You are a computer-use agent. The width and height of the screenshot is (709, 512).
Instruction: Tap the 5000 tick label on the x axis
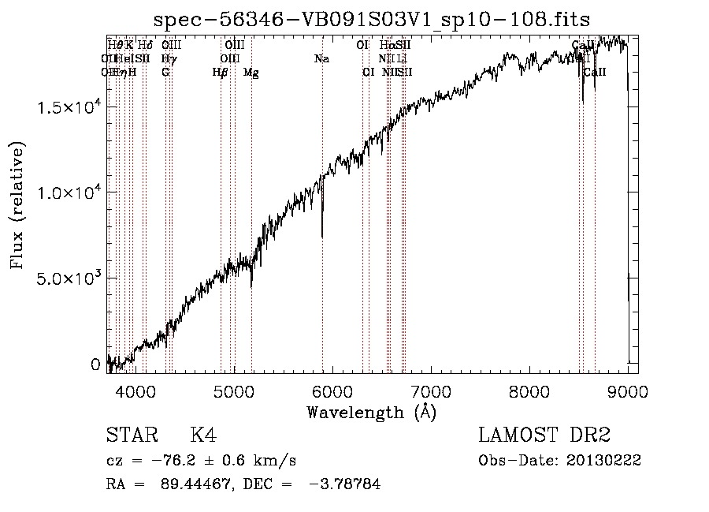pyautogui.click(x=234, y=391)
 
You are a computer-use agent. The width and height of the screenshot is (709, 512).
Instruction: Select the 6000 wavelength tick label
pyautogui.click(x=332, y=391)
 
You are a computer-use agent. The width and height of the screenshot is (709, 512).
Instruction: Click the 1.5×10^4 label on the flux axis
pyautogui.click(x=69, y=107)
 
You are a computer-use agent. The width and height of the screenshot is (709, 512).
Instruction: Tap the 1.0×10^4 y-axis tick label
pyautogui.click(x=69, y=193)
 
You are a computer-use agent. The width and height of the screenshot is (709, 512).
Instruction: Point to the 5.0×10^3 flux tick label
pyautogui.click(x=69, y=278)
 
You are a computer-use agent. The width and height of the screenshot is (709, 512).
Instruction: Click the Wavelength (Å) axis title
pyautogui.click(x=371, y=412)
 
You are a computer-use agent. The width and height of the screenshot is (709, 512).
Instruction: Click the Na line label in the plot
pyautogui.click(x=321, y=59)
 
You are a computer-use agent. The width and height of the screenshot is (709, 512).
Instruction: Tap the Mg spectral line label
pyautogui.click(x=251, y=73)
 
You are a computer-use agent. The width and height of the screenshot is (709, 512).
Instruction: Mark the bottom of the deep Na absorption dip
pyautogui.click(x=322, y=235)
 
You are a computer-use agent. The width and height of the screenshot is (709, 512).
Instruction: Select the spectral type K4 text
pyautogui.click(x=203, y=435)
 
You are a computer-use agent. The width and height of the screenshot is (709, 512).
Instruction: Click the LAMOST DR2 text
pyautogui.click(x=544, y=435)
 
